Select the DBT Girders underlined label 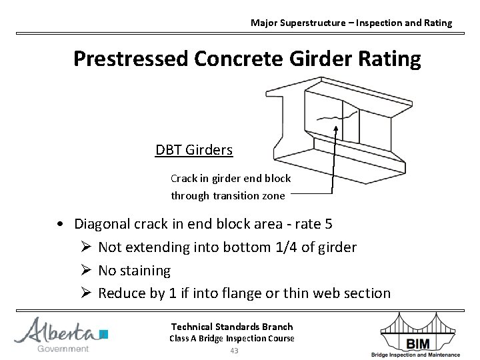(194, 150)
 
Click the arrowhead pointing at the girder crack (336, 129)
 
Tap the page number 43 (233, 351)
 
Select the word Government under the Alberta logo (63, 349)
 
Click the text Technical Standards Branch (232, 327)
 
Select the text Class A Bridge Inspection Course (232, 339)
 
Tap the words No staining (135, 271)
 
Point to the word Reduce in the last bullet (121, 293)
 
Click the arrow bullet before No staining (84, 271)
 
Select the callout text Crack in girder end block (231, 179)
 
